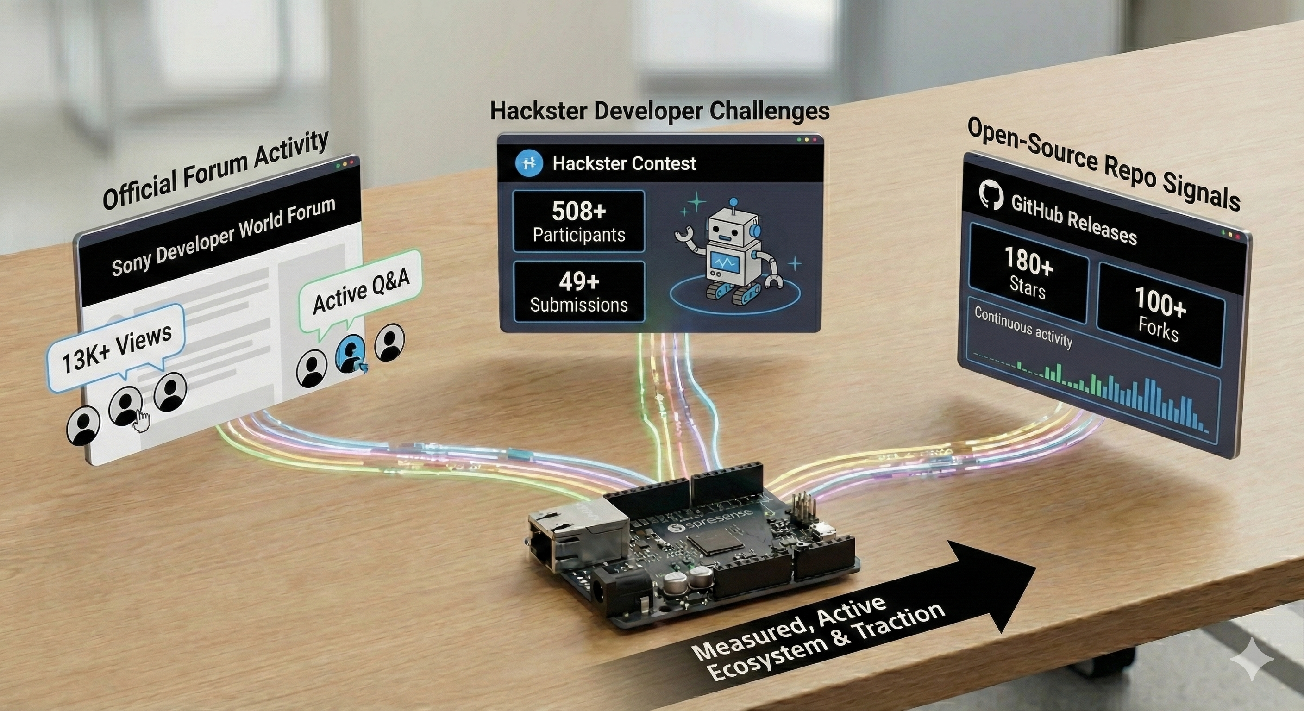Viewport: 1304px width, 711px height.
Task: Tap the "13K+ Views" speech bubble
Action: [x=116, y=347]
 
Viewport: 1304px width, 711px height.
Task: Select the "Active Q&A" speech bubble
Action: [x=360, y=293]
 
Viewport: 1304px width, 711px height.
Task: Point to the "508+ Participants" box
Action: [x=578, y=222]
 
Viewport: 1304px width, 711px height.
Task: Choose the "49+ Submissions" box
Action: [x=578, y=292]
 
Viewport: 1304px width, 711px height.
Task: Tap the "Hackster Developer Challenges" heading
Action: [x=659, y=111]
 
